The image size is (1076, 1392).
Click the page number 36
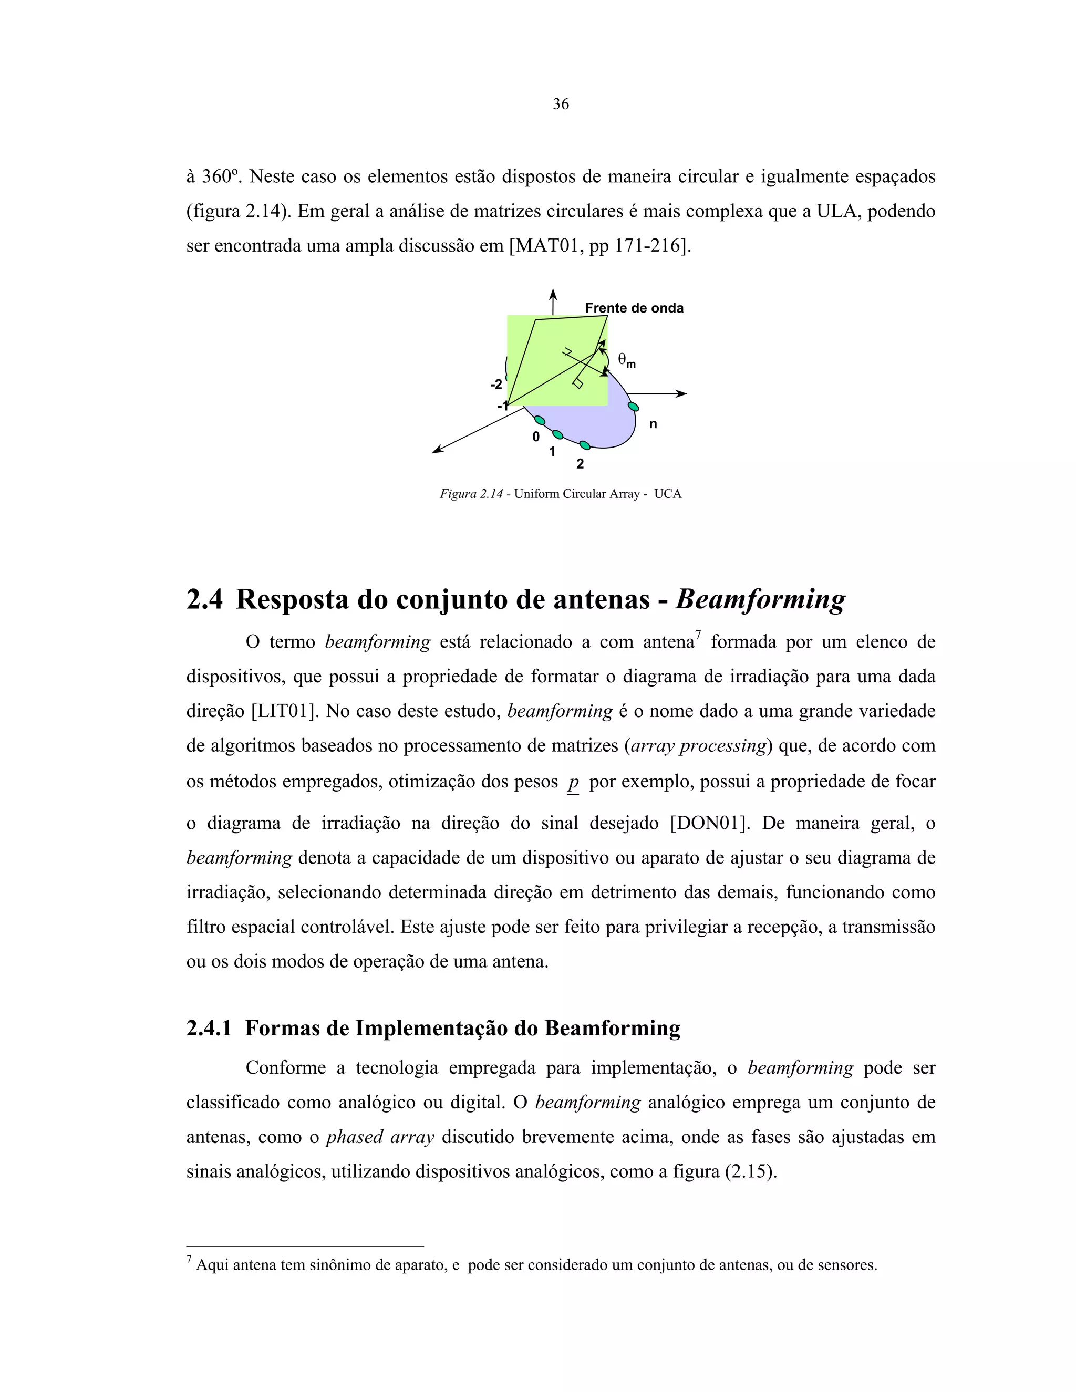click(560, 104)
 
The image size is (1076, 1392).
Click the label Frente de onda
click(634, 308)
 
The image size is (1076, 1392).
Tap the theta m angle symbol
click(626, 361)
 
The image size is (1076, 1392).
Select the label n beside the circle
click(653, 424)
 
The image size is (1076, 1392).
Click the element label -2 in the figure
click(496, 385)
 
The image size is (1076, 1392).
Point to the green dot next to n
click(633, 406)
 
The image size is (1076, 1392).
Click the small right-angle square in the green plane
click(578, 383)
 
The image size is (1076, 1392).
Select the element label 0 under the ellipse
click(535, 437)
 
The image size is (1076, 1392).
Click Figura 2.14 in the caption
click(471, 494)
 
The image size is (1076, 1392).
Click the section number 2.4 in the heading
click(204, 600)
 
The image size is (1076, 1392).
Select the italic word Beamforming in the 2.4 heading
click(760, 600)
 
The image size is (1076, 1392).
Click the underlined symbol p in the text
click(573, 782)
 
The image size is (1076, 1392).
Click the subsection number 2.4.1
click(209, 1028)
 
